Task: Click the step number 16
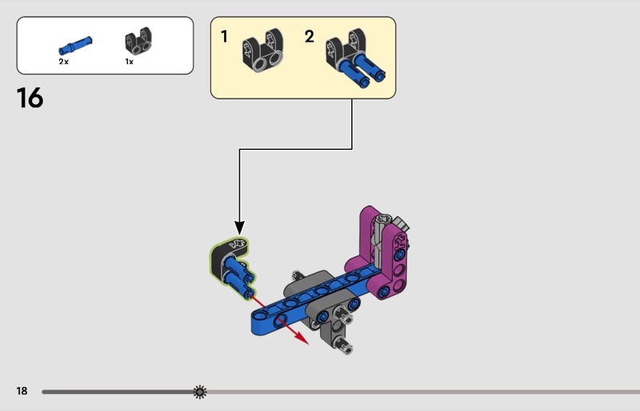tap(30, 98)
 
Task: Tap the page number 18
tap(22, 391)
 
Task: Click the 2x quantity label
tap(64, 61)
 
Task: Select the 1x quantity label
tap(129, 61)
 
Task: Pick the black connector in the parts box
tap(138, 42)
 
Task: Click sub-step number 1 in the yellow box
tap(225, 36)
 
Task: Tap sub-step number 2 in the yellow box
tap(310, 36)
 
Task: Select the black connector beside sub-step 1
tap(265, 52)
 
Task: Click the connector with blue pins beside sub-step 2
tap(356, 58)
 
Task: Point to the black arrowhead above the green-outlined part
tap(239, 228)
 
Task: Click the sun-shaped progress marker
tap(199, 392)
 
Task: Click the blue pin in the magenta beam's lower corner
tap(384, 290)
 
